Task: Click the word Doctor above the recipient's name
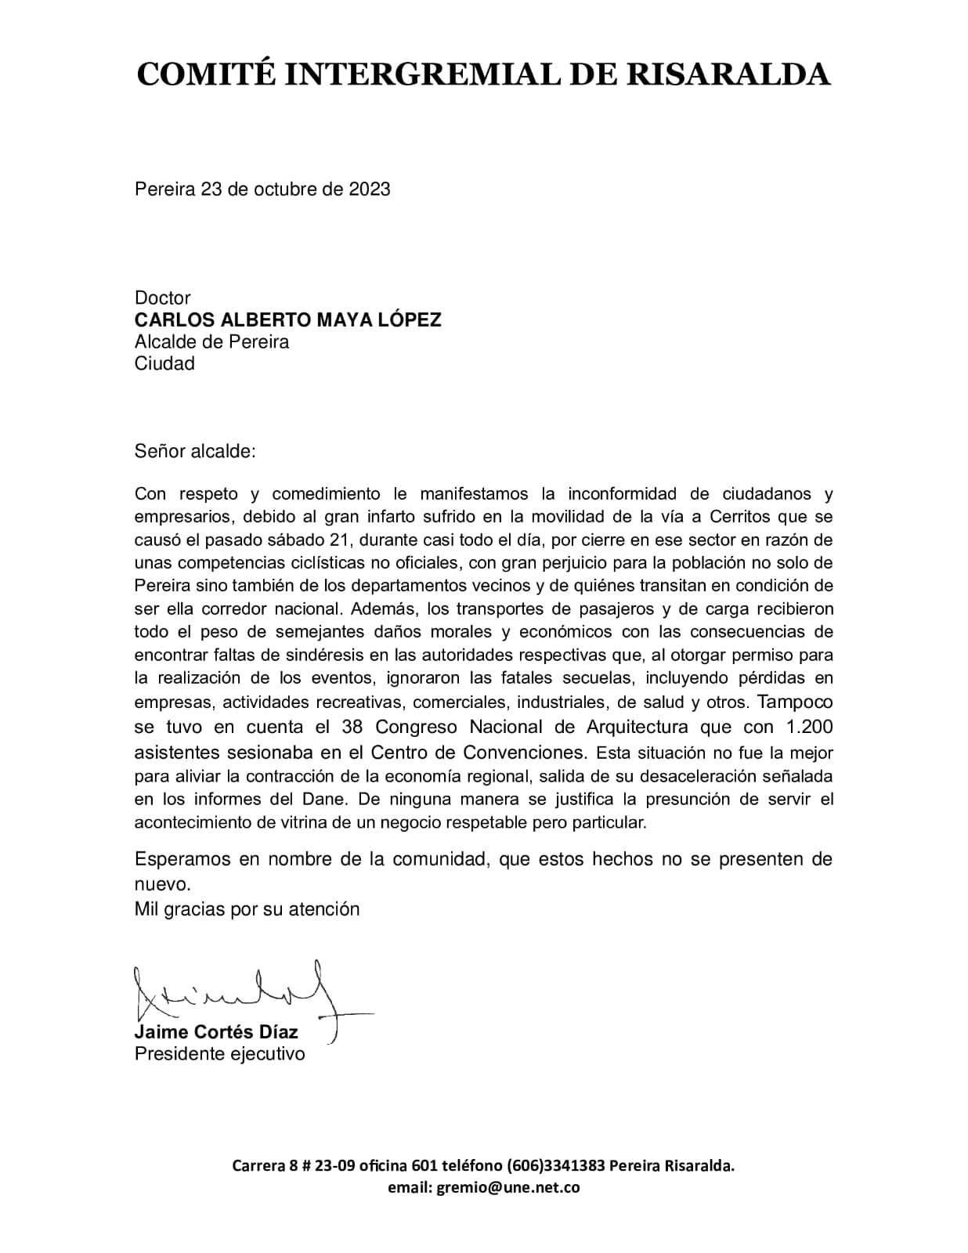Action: (163, 298)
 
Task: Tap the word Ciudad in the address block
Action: (164, 363)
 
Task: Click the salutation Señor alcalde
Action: (195, 452)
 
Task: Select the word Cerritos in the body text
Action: (742, 517)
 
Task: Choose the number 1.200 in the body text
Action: (809, 727)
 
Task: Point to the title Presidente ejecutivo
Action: (220, 1054)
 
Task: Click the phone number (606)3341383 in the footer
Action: (555, 1165)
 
